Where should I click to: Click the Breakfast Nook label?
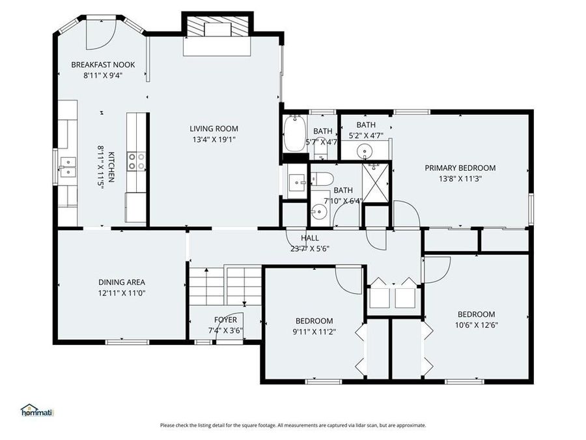coord(103,65)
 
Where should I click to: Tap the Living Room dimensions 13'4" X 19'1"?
coord(214,139)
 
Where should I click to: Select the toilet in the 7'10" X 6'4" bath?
coord(322,179)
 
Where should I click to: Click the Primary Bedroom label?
coord(460,168)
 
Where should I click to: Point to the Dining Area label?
coord(122,282)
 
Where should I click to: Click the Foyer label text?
coord(226,319)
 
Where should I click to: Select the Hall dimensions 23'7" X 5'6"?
coord(310,248)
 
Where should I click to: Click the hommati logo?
coord(36,411)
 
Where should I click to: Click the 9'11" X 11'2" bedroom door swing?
coord(350,279)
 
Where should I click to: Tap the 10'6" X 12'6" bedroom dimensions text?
coord(475,325)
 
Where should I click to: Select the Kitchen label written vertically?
coord(111,167)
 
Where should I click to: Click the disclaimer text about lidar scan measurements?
coord(293,425)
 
